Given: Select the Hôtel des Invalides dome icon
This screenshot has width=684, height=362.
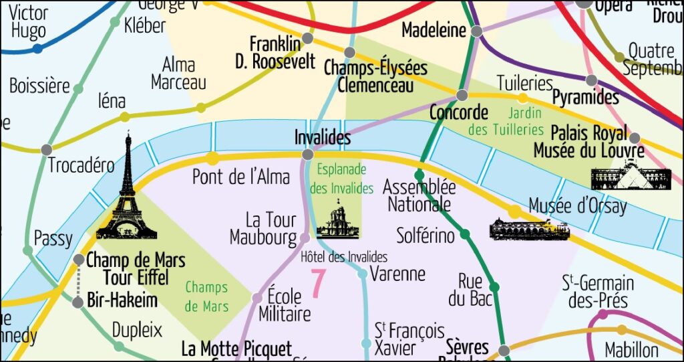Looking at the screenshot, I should point(337,221).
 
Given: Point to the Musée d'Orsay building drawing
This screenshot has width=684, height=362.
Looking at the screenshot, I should point(529,229).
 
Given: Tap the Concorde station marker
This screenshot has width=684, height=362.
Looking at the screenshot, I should point(462,95).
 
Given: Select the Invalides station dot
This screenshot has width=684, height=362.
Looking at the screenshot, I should point(307,155).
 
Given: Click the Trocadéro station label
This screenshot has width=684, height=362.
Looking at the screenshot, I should point(81,165).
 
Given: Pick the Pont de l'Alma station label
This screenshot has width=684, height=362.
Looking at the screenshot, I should point(241,177).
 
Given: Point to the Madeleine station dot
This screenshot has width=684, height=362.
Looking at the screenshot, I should point(476,31).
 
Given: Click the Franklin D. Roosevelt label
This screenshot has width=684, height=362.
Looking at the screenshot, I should point(275,53).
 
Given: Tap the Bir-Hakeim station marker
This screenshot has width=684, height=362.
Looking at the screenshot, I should point(78,302).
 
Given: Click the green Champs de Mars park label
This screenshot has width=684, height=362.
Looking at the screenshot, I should point(206,297).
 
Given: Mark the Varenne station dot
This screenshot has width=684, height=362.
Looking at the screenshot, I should point(362,273).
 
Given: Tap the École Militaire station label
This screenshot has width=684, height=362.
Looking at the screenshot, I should point(285,305).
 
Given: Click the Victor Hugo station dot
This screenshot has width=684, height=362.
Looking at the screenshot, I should point(37,48).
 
